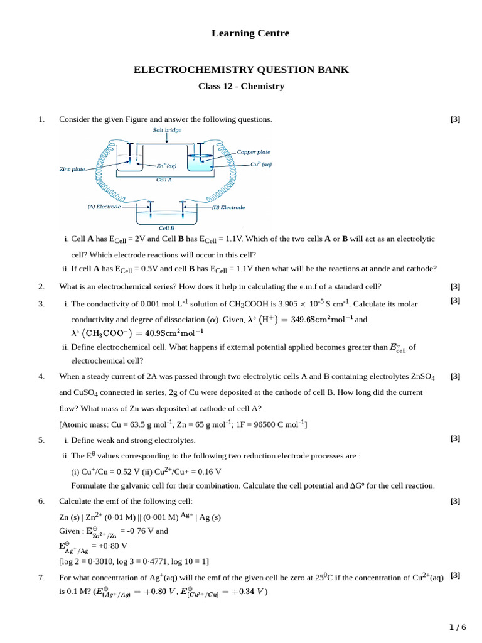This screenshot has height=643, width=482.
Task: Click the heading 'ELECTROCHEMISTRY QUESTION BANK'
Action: [241, 70]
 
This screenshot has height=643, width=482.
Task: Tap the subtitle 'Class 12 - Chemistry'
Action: [241, 86]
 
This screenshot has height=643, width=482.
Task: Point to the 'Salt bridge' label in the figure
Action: [167, 130]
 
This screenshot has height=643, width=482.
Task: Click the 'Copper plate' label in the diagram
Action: [254, 152]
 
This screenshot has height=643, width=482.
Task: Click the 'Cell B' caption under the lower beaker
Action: [166, 228]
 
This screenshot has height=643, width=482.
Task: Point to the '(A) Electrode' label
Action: [102, 206]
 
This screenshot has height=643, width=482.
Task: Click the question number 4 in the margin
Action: [41, 376]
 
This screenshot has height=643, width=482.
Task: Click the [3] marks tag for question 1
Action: [455, 119]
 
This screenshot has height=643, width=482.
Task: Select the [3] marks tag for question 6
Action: [455, 500]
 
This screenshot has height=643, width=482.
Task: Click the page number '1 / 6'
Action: [458, 627]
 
